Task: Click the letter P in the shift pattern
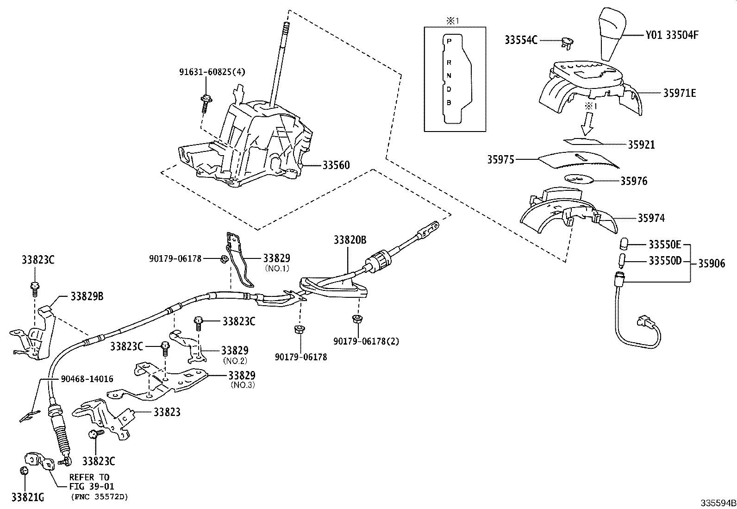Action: click(x=448, y=41)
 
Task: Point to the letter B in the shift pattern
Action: click(x=448, y=102)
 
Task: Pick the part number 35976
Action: click(x=634, y=181)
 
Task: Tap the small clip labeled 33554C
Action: click(x=567, y=42)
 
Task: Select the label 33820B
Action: click(x=350, y=240)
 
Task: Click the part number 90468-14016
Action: click(x=87, y=379)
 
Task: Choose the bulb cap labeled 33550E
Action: click(x=624, y=244)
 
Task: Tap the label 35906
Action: click(x=711, y=264)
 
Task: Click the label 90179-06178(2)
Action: click(x=366, y=341)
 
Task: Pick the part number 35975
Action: click(x=500, y=160)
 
